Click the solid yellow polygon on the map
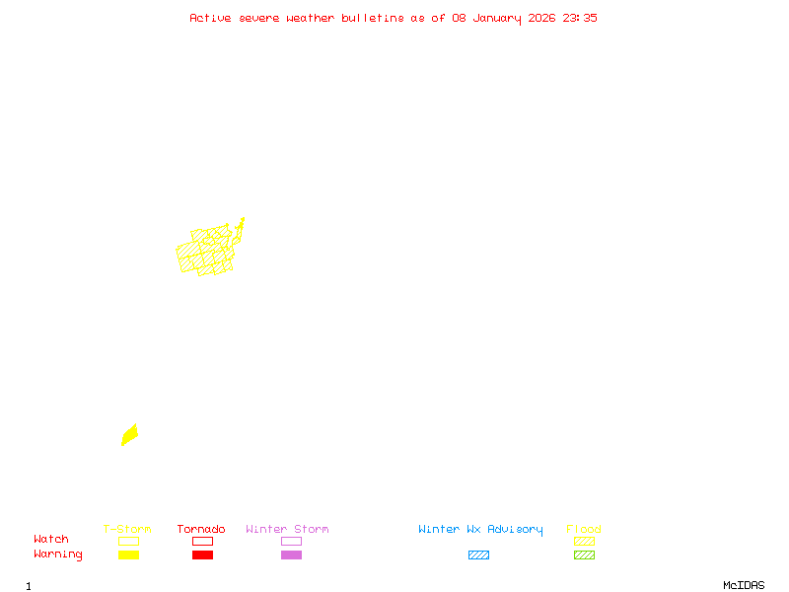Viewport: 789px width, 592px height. point(129,434)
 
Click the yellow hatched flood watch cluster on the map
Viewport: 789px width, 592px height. point(207,251)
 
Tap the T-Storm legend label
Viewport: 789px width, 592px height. point(127,530)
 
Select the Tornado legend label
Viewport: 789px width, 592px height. point(201,530)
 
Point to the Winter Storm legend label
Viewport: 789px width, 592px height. point(287,530)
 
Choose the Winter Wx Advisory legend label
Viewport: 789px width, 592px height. point(480,530)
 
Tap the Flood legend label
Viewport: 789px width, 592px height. point(584,530)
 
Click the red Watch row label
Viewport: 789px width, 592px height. point(51,540)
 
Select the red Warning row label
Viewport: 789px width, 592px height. point(57,555)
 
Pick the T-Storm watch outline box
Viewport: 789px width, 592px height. point(128,541)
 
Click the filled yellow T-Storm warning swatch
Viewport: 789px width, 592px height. point(128,555)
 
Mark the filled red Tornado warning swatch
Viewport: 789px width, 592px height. point(202,555)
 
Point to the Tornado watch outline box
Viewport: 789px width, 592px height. point(202,541)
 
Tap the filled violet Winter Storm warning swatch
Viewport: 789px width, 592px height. point(291,555)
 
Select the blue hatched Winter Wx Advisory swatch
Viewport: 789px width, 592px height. point(478,555)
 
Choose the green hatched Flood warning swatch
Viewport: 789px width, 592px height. point(584,555)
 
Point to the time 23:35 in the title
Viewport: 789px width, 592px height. point(580,18)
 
